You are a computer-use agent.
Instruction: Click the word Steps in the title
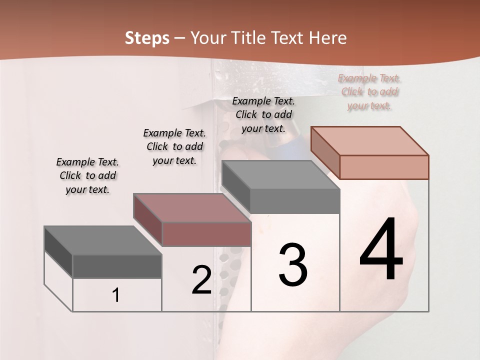tap(147, 38)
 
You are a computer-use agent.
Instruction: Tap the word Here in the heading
tap(328, 38)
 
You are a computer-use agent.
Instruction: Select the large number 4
tap(381, 250)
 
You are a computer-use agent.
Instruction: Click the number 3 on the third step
tap(293, 265)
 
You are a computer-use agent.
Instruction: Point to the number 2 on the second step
tap(201, 280)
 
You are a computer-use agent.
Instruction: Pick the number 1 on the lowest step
tap(116, 295)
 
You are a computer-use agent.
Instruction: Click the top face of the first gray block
tap(102, 240)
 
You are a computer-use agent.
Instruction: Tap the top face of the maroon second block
tap(191, 207)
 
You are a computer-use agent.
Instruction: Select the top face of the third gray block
tap(280, 175)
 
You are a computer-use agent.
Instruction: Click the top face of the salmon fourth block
tap(369, 141)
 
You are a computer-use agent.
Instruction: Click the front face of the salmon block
tap(384, 167)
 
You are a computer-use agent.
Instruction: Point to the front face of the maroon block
tap(206, 234)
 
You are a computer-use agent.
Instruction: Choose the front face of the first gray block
tap(117, 266)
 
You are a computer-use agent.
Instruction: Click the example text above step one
tap(87, 175)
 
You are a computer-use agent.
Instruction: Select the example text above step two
tap(174, 146)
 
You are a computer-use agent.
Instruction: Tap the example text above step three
tap(263, 114)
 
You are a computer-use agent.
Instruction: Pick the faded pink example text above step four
tap(369, 91)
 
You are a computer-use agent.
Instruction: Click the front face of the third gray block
tap(295, 201)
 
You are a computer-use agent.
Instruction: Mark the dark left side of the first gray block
tap(58, 251)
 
